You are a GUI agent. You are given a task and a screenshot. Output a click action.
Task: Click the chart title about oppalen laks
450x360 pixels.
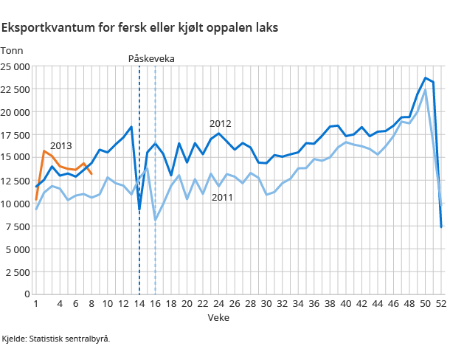pos(139,28)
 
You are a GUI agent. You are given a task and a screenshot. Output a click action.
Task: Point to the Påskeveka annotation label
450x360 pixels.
pos(151,58)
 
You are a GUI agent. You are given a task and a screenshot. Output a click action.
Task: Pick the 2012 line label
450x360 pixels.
pos(220,123)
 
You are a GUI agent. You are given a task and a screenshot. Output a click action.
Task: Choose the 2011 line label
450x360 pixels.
pos(222,197)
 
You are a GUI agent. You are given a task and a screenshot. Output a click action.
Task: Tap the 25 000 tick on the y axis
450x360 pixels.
pos(15,66)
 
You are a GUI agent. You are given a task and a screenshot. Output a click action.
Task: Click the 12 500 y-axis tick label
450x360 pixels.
pos(15,180)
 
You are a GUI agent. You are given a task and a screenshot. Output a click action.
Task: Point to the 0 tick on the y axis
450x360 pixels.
pos(27,294)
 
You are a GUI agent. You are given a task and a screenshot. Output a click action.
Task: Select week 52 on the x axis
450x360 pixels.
pos(441,303)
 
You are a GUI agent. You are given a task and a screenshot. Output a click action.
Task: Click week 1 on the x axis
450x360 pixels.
pos(36,303)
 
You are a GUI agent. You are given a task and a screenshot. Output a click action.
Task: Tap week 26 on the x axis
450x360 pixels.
pos(235,303)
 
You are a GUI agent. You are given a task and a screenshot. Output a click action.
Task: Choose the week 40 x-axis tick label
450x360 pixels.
pos(346,303)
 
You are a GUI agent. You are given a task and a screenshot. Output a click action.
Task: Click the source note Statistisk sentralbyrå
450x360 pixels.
pos(56,339)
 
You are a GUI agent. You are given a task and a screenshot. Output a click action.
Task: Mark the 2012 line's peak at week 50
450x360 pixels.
pos(426,77)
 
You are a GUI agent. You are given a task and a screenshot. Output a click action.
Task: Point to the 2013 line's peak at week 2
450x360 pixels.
pos(44,151)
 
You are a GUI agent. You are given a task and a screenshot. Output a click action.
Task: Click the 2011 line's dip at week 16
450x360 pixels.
pos(156,220)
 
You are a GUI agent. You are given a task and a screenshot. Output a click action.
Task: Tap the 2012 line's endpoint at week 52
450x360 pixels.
pos(441,227)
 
